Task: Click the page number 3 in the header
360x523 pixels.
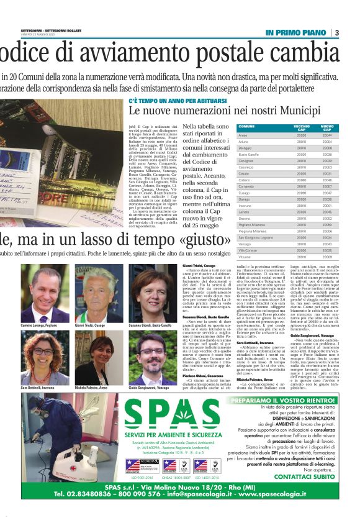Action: point(337,32)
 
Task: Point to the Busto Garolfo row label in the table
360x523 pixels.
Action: point(249,153)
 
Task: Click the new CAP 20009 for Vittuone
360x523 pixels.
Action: point(326,257)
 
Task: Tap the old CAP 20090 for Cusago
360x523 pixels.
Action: point(302,193)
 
